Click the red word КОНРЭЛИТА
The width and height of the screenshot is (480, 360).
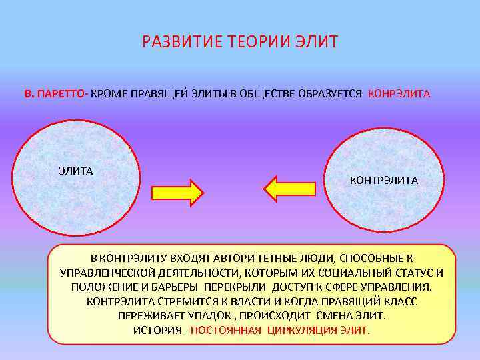click(399, 94)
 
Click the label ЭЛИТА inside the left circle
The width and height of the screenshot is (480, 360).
click(75, 171)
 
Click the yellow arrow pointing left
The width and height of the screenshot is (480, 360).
click(289, 189)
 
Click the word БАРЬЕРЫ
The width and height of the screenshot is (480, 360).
click(175, 287)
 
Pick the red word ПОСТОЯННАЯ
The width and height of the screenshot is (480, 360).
click(226, 330)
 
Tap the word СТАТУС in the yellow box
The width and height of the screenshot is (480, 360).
click(409, 273)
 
